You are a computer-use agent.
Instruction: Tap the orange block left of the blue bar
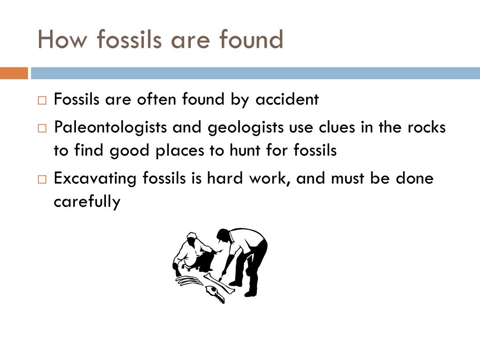[x=14, y=73]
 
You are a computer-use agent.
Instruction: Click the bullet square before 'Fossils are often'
[x=42, y=100]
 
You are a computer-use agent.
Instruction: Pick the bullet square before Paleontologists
[x=42, y=128]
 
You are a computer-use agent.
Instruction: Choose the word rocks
[x=425, y=127]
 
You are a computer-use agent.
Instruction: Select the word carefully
[x=87, y=202]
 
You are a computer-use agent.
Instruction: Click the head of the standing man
[x=223, y=235]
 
